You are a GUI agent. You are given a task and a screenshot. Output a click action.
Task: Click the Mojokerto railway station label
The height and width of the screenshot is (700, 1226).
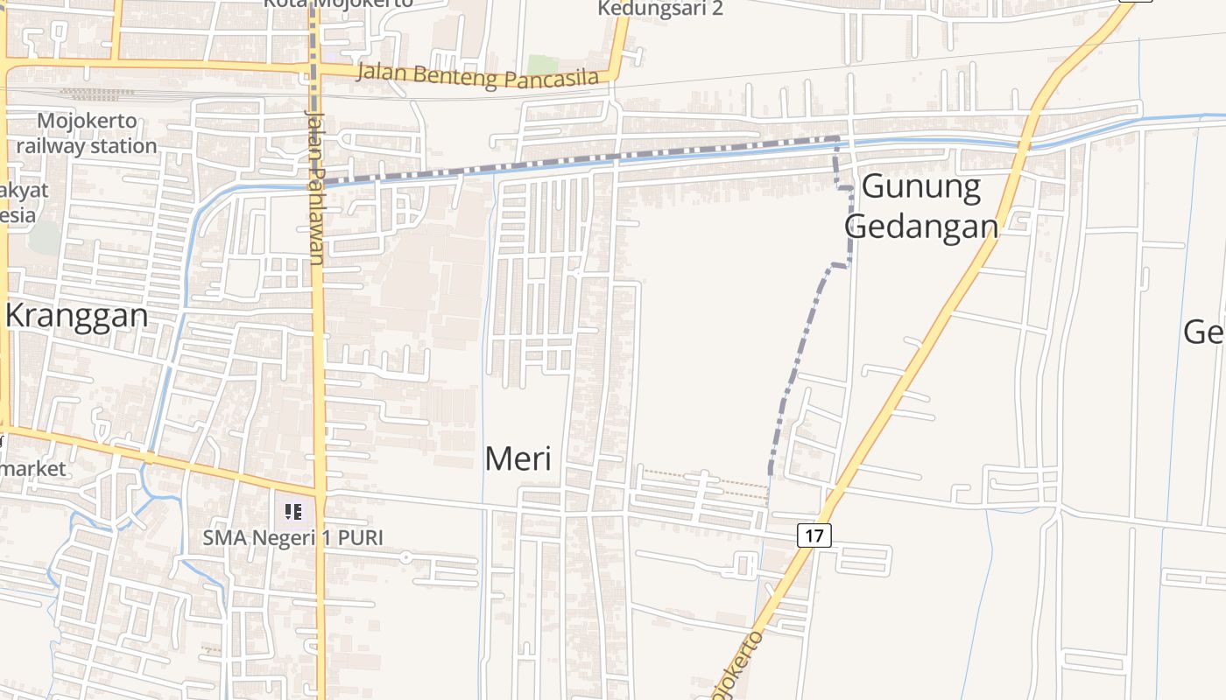tap(86, 133)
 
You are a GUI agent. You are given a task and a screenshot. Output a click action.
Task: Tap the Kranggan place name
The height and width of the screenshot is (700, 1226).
tap(77, 315)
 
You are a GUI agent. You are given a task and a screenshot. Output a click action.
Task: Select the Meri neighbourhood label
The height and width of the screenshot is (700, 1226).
tap(518, 458)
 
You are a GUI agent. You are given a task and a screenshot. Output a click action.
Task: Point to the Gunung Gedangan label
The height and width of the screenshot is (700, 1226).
tap(921, 206)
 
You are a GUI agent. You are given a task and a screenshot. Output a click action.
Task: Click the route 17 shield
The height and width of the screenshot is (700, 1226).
tap(814, 535)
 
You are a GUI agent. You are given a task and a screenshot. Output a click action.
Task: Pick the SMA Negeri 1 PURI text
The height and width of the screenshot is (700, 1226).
tap(293, 537)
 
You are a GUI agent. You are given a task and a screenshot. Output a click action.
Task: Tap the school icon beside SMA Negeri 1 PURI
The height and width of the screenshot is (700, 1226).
tap(292, 511)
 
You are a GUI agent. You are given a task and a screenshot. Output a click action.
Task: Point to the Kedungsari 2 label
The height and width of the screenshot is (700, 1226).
tap(660, 9)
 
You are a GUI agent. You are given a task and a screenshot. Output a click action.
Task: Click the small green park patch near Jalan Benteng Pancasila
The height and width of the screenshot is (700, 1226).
tap(542, 65)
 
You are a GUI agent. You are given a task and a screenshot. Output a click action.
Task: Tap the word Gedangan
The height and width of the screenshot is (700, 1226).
tap(921, 227)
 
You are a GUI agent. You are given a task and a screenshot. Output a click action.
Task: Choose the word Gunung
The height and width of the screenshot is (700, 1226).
tap(909, 186)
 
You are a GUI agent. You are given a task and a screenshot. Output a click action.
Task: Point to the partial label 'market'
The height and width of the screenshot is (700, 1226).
tap(33, 469)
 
